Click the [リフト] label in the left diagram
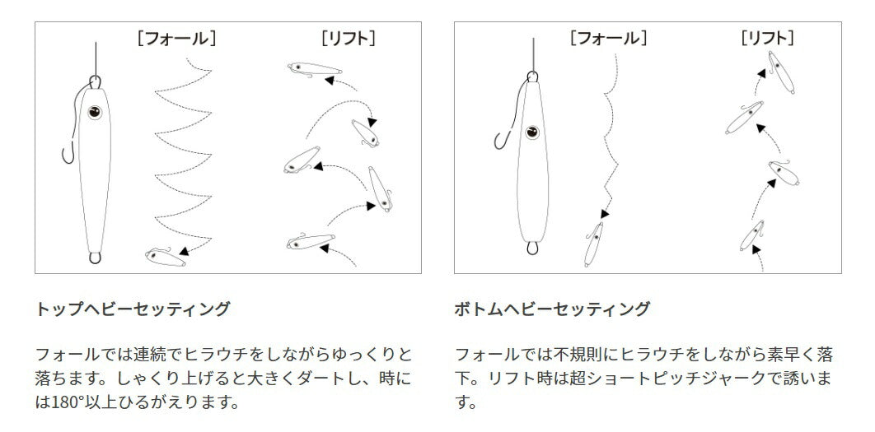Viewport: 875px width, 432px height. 349,38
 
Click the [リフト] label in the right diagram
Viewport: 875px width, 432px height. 768,38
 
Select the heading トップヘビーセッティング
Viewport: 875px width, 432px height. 133,309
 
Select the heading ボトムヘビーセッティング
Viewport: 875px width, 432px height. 552,309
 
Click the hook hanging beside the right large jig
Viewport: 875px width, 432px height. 499,141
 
